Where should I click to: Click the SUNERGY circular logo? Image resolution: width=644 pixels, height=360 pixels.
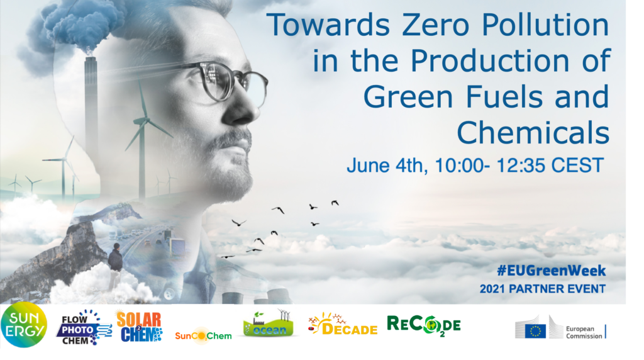coord(24,325)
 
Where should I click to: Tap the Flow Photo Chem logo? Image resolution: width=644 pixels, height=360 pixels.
coord(84,327)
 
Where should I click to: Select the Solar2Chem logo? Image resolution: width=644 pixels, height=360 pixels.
coord(140,327)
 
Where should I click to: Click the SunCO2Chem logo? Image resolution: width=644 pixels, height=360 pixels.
coord(203,335)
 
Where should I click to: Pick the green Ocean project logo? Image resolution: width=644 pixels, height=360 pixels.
coord(269,323)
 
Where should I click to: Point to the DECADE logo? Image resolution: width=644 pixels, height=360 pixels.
coord(343,324)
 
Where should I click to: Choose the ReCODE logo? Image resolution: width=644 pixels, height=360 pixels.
coord(423,326)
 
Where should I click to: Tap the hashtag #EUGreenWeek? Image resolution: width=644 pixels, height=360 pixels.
coord(551,271)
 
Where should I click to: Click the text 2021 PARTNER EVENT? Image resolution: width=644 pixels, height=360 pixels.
coord(543,289)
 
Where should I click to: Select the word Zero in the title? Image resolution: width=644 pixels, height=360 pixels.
coord(435,25)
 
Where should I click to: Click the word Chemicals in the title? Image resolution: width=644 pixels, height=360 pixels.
coord(533,132)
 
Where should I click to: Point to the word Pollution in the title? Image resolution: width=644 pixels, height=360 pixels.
coord(545,25)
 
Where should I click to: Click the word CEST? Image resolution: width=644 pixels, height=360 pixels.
coord(577,165)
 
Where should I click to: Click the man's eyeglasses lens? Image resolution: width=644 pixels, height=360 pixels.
coord(218,81)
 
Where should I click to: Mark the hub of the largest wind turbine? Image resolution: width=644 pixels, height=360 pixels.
coord(145,120)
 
